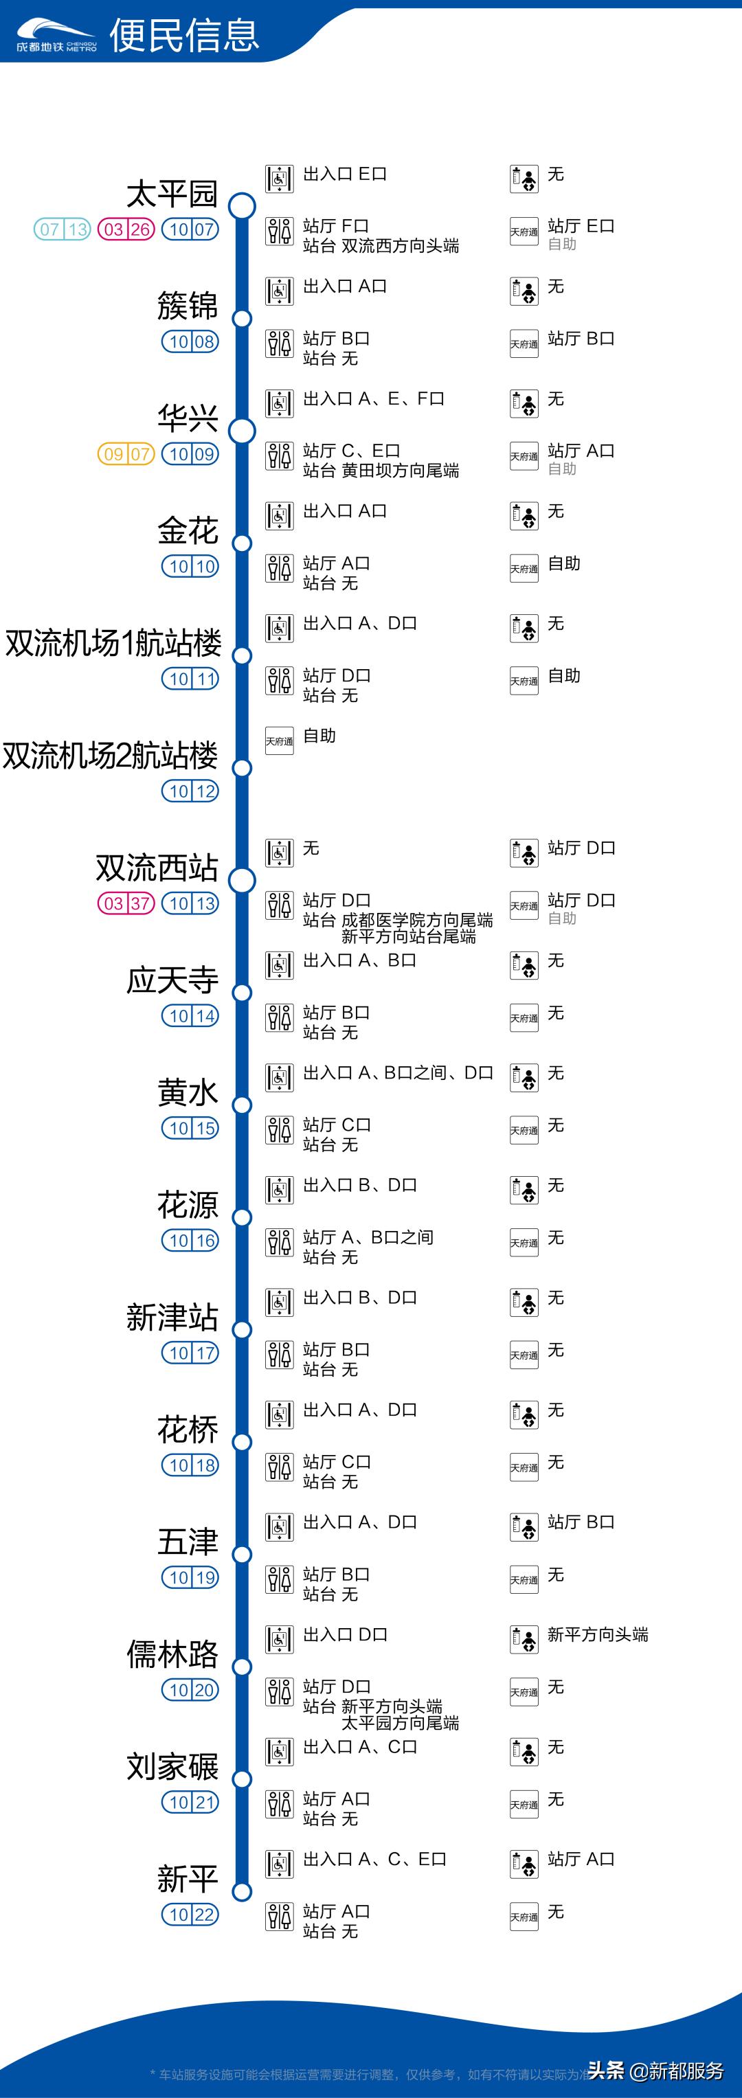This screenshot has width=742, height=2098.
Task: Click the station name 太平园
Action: tap(172, 194)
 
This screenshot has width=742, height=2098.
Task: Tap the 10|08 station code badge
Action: tap(190, 342)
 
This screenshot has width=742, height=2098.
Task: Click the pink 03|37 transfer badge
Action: tap(126, 903)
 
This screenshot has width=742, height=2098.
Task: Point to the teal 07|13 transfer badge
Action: tap(62, 229)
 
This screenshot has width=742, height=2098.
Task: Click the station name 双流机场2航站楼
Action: tap(111, 756)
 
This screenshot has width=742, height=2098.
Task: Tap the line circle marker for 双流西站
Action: tap(242, 881)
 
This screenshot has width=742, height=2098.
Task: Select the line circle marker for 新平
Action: tap(242, 1891)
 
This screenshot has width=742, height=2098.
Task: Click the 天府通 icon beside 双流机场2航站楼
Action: tap(280, 741)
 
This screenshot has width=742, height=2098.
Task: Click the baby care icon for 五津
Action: tap(524, 1527)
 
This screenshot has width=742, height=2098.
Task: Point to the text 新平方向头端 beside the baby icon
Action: tap(598, 1634)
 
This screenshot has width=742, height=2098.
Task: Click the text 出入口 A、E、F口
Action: tap(374, 398)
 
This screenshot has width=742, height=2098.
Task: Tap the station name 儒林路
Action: tap(172, 1654)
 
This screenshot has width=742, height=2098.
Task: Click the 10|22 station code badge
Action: tap(190, 1915)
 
